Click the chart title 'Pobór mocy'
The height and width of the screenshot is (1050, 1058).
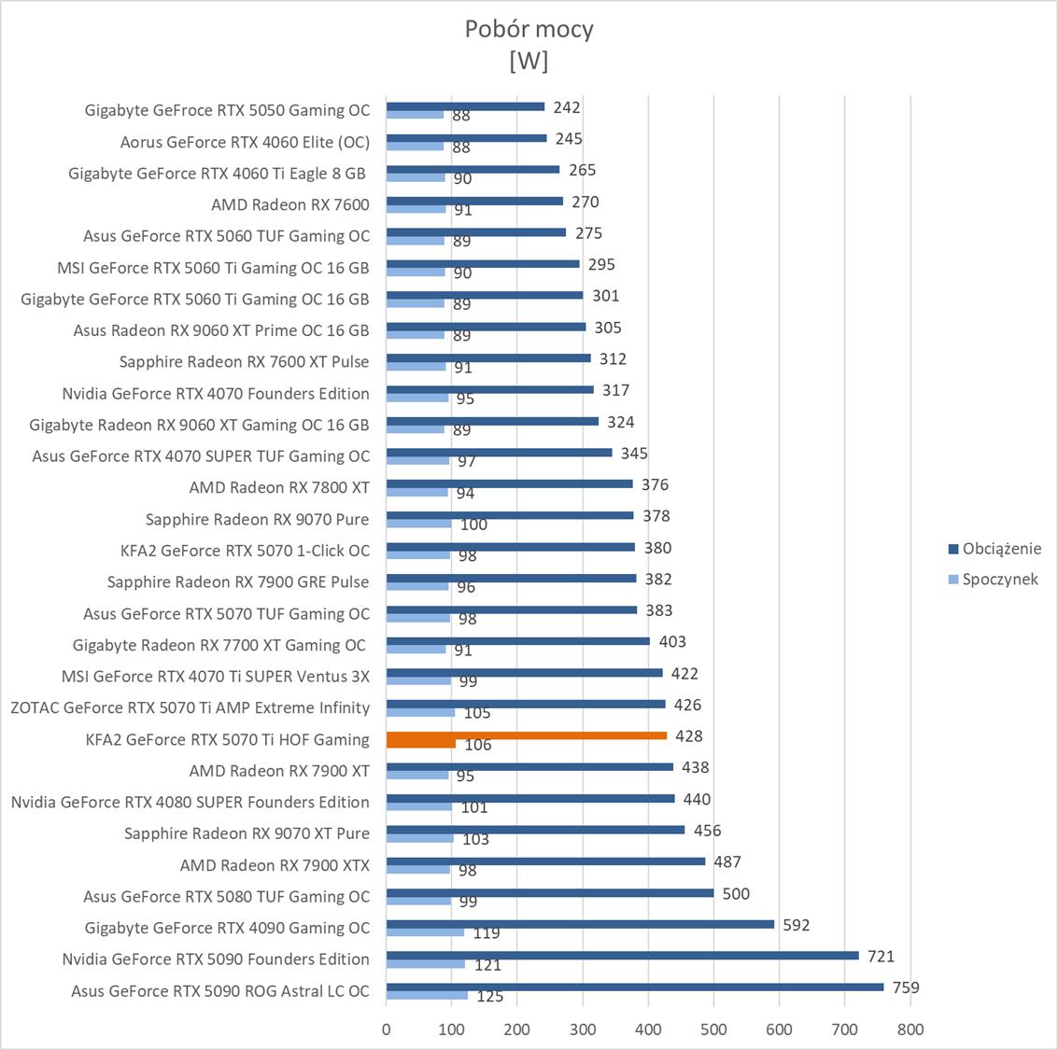point(529,29)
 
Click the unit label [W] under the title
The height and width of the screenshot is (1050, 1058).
point(529,61)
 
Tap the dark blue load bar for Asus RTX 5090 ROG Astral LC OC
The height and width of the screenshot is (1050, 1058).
point(635,987)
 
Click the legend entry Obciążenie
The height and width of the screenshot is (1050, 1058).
point(1001,549)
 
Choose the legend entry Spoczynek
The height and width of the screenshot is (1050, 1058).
point(1000,580)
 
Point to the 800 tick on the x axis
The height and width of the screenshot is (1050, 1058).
point(910,1029)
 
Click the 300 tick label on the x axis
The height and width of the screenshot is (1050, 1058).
point(583,1029)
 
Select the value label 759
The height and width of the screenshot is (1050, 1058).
point(906,987)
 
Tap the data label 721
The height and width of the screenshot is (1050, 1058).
point(881,956)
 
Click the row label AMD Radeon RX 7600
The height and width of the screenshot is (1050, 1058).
point(290,204)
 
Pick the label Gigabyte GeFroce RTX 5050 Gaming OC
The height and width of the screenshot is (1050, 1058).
point(227,110)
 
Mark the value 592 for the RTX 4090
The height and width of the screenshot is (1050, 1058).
point(796,925)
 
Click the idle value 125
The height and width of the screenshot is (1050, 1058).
point(489,997)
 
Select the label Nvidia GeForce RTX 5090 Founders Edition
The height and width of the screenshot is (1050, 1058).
point(216,959)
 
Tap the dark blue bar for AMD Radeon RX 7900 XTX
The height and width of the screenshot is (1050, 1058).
point(545,861)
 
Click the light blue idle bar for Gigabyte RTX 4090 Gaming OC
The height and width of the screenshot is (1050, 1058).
point(425,932)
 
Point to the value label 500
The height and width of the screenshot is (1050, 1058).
point(736,893)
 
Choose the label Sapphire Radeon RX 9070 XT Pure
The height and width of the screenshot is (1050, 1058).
point(247,833)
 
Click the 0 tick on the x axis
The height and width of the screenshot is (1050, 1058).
point(387,1029)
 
